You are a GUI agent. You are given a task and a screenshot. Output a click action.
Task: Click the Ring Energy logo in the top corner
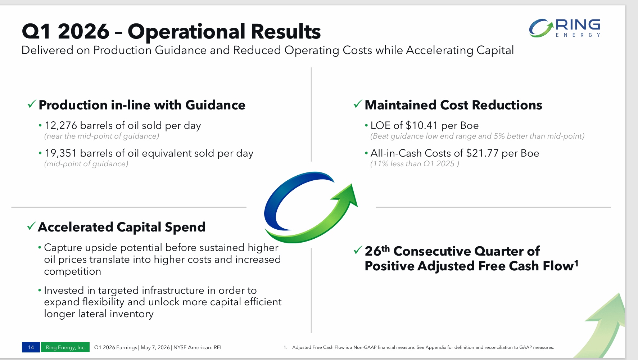pos(564,28)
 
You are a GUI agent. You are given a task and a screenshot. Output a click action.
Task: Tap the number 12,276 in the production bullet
pos(61,125)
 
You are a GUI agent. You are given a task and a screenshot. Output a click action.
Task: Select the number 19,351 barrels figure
pos(61,153)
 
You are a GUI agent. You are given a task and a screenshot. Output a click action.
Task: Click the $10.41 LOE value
pos(421,125)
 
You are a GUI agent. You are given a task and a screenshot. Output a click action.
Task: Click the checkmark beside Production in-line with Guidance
pos(32,104)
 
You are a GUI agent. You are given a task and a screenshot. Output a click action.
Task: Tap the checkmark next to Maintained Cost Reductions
pos(358,104)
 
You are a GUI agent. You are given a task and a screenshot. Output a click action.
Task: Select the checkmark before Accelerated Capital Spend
pos(32,226)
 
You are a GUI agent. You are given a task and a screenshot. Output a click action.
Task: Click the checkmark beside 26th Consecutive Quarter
pos(358,250)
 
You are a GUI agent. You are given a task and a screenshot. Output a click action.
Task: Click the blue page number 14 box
pos(31,347)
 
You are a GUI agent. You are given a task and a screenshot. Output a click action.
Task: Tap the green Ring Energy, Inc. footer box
pos(65,347)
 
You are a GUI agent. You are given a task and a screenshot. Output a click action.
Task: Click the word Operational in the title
pos(186,32)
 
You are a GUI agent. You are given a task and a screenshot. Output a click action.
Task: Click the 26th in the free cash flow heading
pos(377,251)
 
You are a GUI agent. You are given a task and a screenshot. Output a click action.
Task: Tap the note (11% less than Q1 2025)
pos(415,164)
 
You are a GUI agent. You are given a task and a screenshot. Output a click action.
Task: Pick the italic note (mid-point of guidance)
pos(86,164)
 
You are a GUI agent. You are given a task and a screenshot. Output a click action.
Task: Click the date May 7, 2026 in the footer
pos(155,347)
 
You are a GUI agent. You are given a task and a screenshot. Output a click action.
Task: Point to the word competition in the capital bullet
pos(73,271)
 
